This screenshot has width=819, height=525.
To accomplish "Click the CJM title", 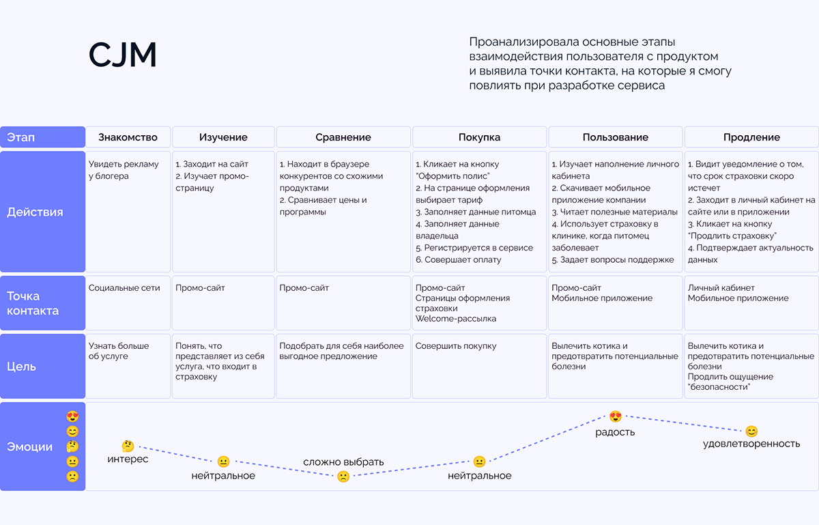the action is pyautogui.click(x=123, y=56).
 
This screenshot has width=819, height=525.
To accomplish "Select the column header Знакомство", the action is pyautogui.click(x=128, y=137).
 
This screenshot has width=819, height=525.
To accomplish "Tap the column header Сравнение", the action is pyautogui.click(x=343, y=137).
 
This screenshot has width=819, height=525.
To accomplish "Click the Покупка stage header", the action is pyautogui.click(x=479, y=137).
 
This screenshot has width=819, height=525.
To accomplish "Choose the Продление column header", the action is pyautogui.click(x=751, y=137).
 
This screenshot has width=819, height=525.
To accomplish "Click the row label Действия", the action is pyautogui.click(x=35, y=212).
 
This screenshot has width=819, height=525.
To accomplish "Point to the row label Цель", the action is pyautogui.click(x=21, y=367).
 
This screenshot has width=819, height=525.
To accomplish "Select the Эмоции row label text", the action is pyautogui.click(x=29, y=447).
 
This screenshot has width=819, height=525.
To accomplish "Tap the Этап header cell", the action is pyautogui.click(x=20, y=137).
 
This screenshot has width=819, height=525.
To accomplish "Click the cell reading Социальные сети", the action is pyautogui.click(x=124, y=288).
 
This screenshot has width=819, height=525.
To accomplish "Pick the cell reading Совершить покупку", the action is pyautogui.click(x=456, y=346).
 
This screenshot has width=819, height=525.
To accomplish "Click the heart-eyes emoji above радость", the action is pyautogui.click(x=616, y=416).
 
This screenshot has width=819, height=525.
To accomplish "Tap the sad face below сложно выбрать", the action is pyautogui.click(x=343, y=477).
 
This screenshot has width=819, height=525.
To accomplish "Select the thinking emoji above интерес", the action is pyautogui.click(x=128, y=446).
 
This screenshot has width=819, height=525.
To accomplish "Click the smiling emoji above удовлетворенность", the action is pyautogui.click(x=751, y=431).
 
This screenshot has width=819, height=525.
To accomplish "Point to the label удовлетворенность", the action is pyautogui.click(x=751, y=444).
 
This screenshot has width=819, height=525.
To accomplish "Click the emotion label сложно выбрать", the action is pyautogui.click(x=343, y=462).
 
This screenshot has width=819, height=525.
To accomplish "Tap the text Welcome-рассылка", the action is pyautogui.click(x=456, y=319).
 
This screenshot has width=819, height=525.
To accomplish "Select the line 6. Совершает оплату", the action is pyautogui.click(x=459, y=260).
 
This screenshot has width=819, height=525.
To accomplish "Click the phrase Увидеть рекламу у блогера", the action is pyautogui.click(x=124, y=170).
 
